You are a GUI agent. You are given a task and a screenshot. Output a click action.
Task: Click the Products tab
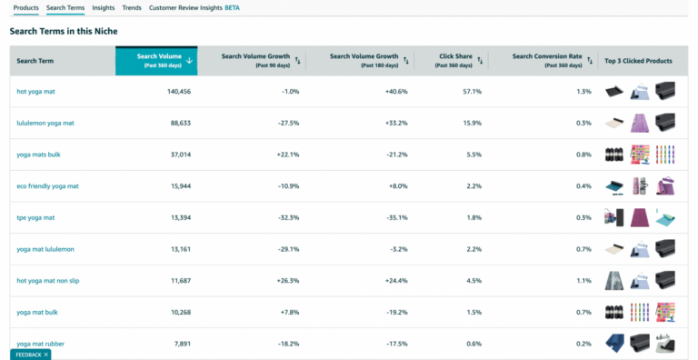(25, 7)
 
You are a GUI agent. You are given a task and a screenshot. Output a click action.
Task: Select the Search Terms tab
(65, 7)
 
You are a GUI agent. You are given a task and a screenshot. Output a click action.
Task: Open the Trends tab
(132, 7)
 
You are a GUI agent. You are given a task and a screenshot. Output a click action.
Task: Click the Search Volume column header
(158, 60)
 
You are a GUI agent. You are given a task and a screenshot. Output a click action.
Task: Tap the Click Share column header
(456, 60)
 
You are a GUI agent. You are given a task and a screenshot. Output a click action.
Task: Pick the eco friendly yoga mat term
(47, 186)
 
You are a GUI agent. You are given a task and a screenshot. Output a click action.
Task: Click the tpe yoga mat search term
(35, 218)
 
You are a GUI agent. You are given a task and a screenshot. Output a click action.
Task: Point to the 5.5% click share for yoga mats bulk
(474, 155)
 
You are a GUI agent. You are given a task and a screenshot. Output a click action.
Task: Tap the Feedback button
(31, 354)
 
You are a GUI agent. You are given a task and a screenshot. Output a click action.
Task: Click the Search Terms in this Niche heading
(63, 31)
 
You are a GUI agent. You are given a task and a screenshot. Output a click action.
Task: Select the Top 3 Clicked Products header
(638, 61)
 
